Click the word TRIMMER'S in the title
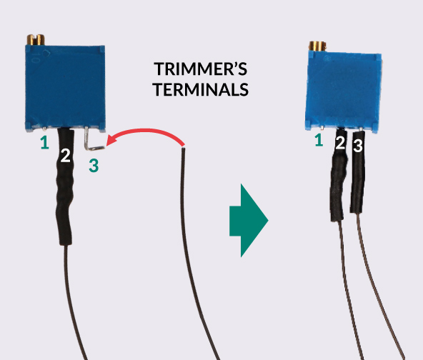201,69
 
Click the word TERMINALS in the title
201,89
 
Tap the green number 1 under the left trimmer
45,142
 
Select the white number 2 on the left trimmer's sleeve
65,155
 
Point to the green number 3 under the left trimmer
94,165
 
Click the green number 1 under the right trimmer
319,140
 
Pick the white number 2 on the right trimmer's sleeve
340,143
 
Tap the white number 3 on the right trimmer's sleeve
358,146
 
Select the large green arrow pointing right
249,220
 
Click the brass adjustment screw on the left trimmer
36,39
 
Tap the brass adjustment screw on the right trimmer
317,46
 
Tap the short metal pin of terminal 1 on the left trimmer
44,128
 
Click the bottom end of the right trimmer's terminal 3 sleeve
357,211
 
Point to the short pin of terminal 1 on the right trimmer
322,128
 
